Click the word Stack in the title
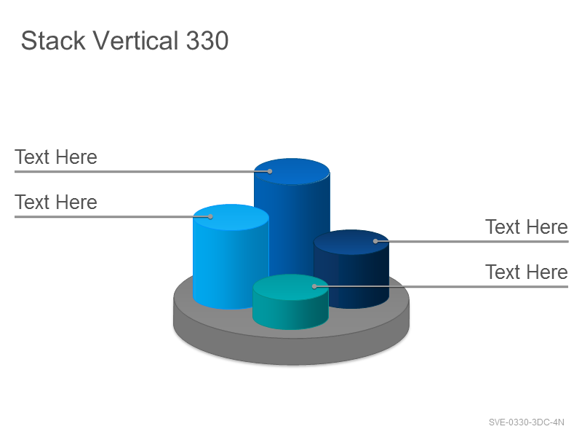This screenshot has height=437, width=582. coord(53,40)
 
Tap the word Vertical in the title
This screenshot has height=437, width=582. coord(135,40)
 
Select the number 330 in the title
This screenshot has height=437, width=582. coord(207,41)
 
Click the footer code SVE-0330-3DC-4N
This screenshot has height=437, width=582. coord(526,422)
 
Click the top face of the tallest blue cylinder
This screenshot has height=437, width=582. coord(292,172)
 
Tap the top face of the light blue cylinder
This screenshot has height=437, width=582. coord(231,217)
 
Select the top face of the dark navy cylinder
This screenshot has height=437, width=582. coord(351,243)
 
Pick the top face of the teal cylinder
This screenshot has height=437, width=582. coord(290,287)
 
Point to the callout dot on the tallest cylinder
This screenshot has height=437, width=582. coord(270,171)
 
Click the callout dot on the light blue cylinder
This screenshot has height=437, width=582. coord(210,216)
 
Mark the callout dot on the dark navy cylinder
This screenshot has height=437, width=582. coord(375,241)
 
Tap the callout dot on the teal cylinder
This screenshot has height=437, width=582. coord(314,286)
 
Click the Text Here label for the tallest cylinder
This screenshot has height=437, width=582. coord(56,157)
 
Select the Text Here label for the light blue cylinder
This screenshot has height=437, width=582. coord(56,202)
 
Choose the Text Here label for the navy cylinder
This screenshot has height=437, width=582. coord(526,227)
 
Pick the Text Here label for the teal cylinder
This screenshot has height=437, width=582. coord(526,272)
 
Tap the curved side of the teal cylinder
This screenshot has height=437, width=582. coord(290,314)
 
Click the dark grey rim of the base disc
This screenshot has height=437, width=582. coord(292,351)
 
